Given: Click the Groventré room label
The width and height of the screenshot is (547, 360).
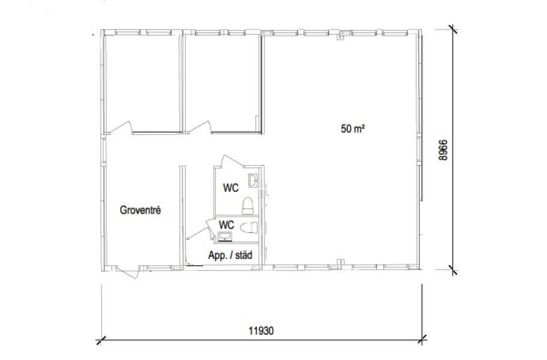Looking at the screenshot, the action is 141,210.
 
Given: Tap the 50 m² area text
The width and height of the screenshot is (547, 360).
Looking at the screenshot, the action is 352,128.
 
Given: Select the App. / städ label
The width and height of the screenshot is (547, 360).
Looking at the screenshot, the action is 230,255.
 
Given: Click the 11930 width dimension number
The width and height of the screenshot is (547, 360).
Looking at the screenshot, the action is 261,331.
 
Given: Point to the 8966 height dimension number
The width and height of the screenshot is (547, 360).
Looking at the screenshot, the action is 443,150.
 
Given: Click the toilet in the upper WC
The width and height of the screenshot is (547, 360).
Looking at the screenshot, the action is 248,206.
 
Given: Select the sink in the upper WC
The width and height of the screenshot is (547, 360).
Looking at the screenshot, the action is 253,181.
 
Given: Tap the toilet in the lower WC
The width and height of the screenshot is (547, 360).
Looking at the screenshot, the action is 249,227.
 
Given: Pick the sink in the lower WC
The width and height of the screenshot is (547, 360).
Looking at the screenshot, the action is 225,236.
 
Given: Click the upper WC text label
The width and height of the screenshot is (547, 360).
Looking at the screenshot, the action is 231,188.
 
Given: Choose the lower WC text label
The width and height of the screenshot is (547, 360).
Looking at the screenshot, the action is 226,224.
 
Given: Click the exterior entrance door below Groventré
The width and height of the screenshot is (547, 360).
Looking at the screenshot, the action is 127,272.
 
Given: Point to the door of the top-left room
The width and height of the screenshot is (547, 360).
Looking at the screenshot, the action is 120,127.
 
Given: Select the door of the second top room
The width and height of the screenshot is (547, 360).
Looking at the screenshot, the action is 200,127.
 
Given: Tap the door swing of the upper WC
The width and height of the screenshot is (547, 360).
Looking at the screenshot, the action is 229,161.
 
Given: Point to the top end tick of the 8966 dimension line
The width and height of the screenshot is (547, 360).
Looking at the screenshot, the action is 453,29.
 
